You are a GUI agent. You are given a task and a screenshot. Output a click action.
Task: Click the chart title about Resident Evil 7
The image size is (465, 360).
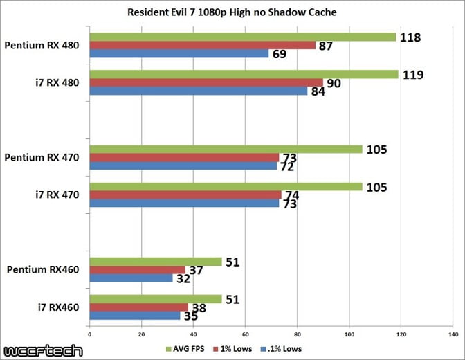pyautogui.click(x=232, y=12)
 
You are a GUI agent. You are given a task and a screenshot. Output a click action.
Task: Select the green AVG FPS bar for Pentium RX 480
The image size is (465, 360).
pyautogui.click(x=242, y=37)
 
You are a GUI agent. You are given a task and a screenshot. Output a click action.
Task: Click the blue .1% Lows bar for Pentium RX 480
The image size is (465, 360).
pyautogui.click(x=179, y=53)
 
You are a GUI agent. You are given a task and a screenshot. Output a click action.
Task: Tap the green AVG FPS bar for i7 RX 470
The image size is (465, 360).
pyautogui.click(x=226, y=186)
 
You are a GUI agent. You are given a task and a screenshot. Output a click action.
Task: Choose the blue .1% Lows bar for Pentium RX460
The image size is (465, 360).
pyautogui.click(x=131, y=278)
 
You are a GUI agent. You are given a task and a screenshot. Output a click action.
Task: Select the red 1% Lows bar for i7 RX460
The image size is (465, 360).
pyautogui.click(x=138, y=307)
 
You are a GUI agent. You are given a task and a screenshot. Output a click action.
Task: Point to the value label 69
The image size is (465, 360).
pyautogui.click(x=280, y=53)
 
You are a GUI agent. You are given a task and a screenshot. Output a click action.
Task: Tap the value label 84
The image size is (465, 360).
pyautogui.click(x=319, y=91)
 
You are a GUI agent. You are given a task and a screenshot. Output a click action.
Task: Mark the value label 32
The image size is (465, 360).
pyautogui.click(x=184, y=278)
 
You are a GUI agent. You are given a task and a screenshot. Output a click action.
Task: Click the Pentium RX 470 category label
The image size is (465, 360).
pyautogui.click(x=42, y=158)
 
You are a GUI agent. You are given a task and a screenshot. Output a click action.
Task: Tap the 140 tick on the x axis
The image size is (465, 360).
pyautogui.click(x=452, y=334)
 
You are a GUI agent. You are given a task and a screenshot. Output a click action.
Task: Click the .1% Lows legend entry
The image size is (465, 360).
pyautogui.click(x=282, y=348)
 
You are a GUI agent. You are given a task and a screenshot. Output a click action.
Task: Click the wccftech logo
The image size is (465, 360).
pyautogui.click(x=42, y=350)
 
